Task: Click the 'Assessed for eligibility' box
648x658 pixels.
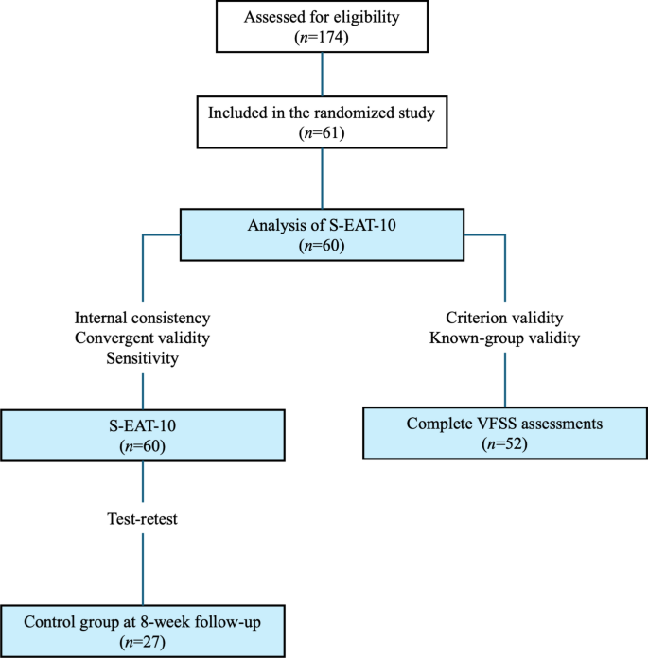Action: (324, 26)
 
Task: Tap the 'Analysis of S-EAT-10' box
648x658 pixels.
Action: (324, 234)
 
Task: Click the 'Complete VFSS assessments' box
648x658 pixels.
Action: (504, 433)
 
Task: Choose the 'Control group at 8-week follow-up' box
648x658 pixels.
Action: (142, 629)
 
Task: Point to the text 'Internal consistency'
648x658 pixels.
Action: (142, 319)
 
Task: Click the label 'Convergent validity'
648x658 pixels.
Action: (142, 339)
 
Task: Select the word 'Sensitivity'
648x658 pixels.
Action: (142, 360)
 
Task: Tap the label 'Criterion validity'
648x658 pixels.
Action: (504, 319)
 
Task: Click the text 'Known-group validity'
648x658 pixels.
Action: (504, 339)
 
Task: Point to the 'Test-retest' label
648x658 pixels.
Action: (142, 519)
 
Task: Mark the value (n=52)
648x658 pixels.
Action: (504, 444)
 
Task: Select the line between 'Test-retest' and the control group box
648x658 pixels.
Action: (142, 567)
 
